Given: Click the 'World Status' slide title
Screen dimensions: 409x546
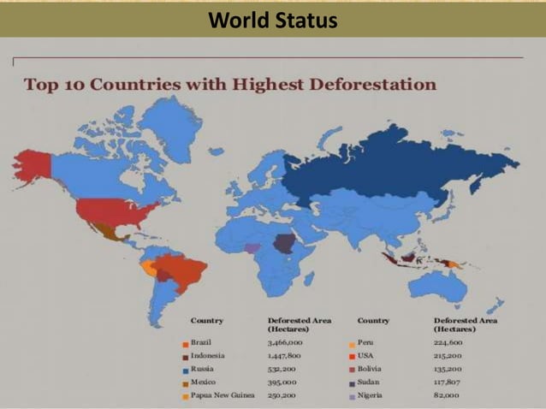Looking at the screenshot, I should click(x=272, y=19).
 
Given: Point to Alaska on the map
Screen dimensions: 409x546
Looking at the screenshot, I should click(x=32, y=165).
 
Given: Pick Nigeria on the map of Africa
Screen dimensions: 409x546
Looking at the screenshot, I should click(x=252, y=247).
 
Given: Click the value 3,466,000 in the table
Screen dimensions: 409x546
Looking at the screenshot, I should click(x=285, y=341).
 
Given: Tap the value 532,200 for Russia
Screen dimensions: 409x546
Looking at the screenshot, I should click(x=281, y=368).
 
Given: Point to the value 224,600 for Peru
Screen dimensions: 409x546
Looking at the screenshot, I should click(x=448, y=341).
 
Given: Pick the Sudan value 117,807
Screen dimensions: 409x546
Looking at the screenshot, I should click(x=448, y=382).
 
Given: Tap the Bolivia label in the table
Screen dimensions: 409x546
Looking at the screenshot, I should click(x=370, y=368).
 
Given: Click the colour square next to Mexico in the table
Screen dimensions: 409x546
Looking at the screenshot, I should click(x=185, y=382).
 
